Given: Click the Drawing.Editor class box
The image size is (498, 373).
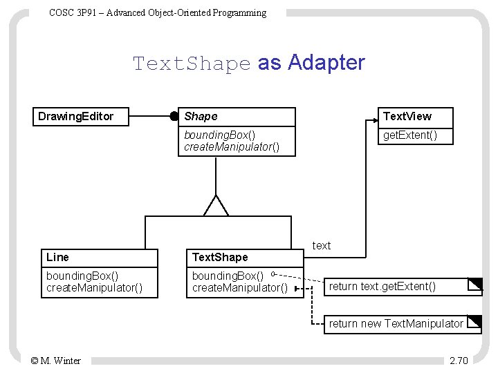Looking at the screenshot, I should (82, 116).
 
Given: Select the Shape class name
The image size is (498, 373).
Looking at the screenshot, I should (201, 117).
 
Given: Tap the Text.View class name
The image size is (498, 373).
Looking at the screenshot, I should (407, 117).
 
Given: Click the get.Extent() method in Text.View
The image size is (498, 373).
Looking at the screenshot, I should (410, 135).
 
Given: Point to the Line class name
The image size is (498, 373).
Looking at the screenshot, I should (57, 257).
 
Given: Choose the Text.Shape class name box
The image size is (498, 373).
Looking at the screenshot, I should (219, 257).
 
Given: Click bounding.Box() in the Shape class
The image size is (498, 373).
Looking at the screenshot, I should (219, 135).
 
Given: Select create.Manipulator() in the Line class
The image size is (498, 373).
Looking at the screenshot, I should (94, 287).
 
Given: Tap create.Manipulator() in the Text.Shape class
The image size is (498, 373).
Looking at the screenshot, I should (239, 287).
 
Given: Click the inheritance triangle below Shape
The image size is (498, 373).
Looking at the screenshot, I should (216, 207).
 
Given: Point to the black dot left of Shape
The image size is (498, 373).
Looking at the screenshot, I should (174, 117).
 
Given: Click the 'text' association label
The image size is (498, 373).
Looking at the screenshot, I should (322, 245).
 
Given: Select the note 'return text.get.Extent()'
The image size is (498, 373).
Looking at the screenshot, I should (382, 286).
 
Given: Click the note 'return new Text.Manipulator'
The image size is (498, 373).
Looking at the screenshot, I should (396, 323).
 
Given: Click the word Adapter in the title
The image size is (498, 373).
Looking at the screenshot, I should (326, 63).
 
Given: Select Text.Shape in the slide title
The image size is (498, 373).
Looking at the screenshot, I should (192, 64).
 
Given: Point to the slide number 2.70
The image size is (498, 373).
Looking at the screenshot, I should (459, 360).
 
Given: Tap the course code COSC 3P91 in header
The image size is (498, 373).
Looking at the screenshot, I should (69, 12).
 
